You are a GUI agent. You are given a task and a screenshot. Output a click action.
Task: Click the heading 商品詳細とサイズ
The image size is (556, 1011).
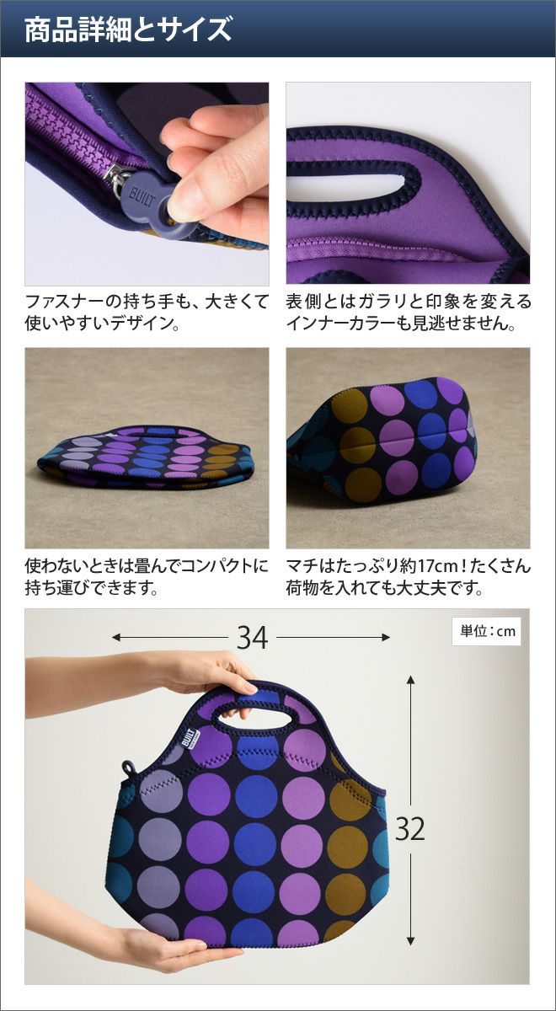click(128, 30)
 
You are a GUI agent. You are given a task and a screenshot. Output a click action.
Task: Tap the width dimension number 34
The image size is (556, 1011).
click(252, 638)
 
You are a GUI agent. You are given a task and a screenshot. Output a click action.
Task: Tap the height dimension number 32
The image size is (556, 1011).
click(409, 829)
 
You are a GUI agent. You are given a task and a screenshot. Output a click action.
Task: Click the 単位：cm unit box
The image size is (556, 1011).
click(488, 631)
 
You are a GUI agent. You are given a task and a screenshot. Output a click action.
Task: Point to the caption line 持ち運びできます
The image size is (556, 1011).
click(92, 588)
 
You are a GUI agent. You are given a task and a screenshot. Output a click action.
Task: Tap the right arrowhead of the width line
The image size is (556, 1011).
click(386, 637)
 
